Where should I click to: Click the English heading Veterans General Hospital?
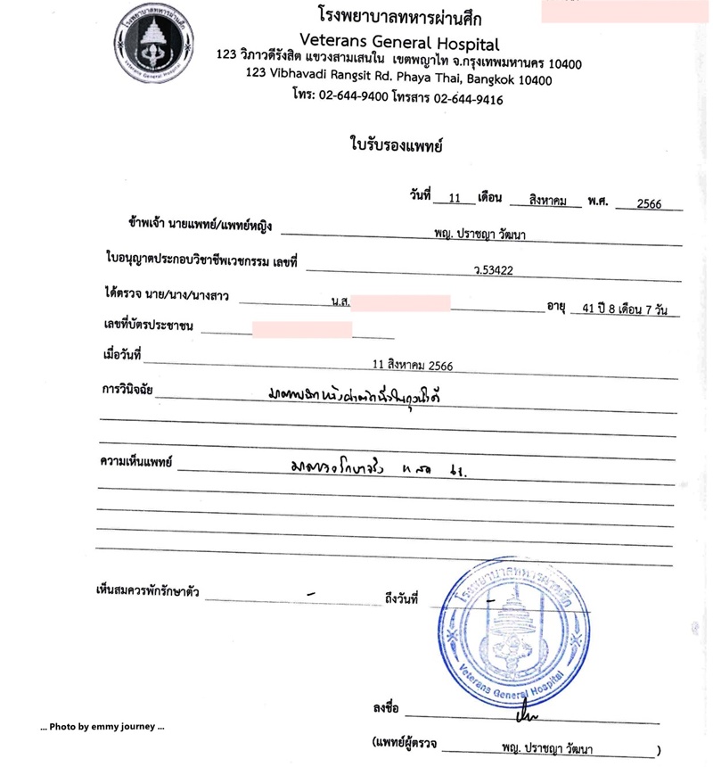click(399, 42)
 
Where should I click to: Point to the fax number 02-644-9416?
click(468, 99)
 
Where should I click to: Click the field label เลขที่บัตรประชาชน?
click(149, 327)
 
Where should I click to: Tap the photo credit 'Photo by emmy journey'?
click(102, 727)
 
